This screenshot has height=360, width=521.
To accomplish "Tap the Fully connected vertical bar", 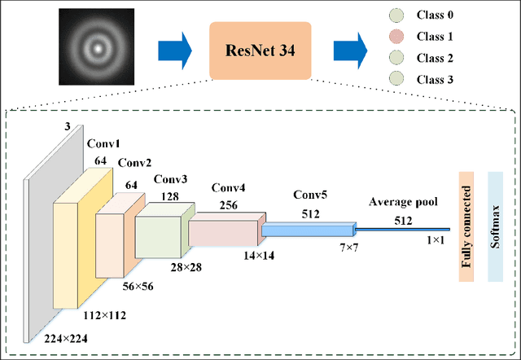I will pyautogui.click(x=466, y=226).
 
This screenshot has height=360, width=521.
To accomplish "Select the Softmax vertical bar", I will pyautogui.click(x=494, y=226).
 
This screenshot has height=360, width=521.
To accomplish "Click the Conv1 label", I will pyautogui.click(x=103, y=144).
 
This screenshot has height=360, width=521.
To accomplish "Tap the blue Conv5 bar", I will pyautogui.click(x=309, y=231).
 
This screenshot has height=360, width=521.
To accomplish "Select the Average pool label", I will pyautogui.click(x=404, y=201).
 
